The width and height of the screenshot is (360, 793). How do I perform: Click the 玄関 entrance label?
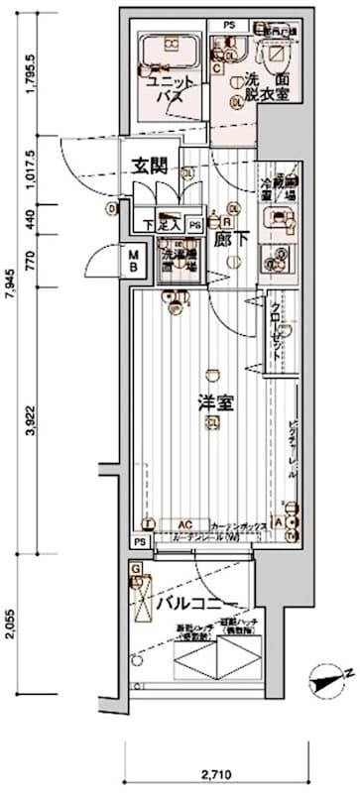pos(152,166)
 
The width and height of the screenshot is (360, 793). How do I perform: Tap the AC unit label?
pos(185,525)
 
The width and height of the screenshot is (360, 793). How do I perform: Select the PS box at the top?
pos(229,24)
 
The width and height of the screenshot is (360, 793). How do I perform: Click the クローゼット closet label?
pos(275,319)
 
